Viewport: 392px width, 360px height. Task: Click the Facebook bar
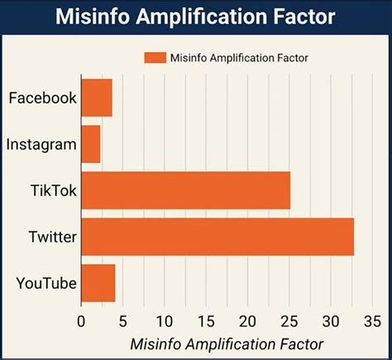coord(97,98)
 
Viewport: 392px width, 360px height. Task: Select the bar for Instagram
coord(91,145)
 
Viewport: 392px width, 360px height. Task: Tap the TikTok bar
coord(186,191)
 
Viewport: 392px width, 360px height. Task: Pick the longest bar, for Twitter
coord(218,238)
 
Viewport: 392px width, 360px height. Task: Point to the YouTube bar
coord(98,284)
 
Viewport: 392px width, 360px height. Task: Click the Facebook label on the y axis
coord(42,98)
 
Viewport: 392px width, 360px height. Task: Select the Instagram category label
coord(41,145)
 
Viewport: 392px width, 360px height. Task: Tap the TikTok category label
coord(53,191)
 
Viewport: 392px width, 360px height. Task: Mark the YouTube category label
coord(46,284)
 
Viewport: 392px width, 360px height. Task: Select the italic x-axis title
coord(227,343)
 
